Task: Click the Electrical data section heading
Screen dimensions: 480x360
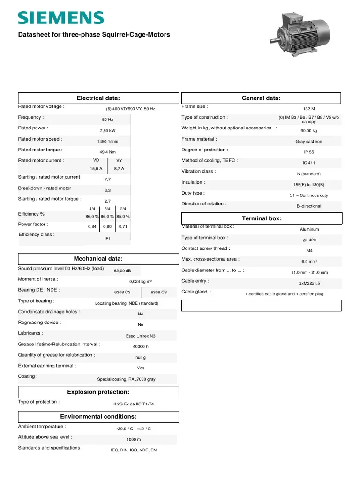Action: coord(98,98)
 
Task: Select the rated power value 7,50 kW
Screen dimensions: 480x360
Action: coord(108,131)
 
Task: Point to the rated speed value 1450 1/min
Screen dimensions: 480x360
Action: coord(108,142)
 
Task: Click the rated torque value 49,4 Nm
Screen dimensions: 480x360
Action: coord(108,152)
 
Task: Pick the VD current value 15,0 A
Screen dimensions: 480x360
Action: coord(96,168)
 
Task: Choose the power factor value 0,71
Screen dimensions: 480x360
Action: coord(123,227)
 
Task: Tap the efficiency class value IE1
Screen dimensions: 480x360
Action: coord(107,239)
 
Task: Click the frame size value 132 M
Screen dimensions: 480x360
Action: coord(309,109)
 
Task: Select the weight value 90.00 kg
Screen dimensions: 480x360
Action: coord(309,131)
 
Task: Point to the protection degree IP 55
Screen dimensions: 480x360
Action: coord(309,152)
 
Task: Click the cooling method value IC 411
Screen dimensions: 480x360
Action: coord(309,163)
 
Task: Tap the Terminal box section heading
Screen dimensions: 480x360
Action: coord(262,219)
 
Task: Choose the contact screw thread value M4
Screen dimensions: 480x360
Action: coord(309,250)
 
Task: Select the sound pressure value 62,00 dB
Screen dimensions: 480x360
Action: coord(122,271)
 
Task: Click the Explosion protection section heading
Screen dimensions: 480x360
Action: coord(98,392)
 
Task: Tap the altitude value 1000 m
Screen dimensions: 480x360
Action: coord(134,440)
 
